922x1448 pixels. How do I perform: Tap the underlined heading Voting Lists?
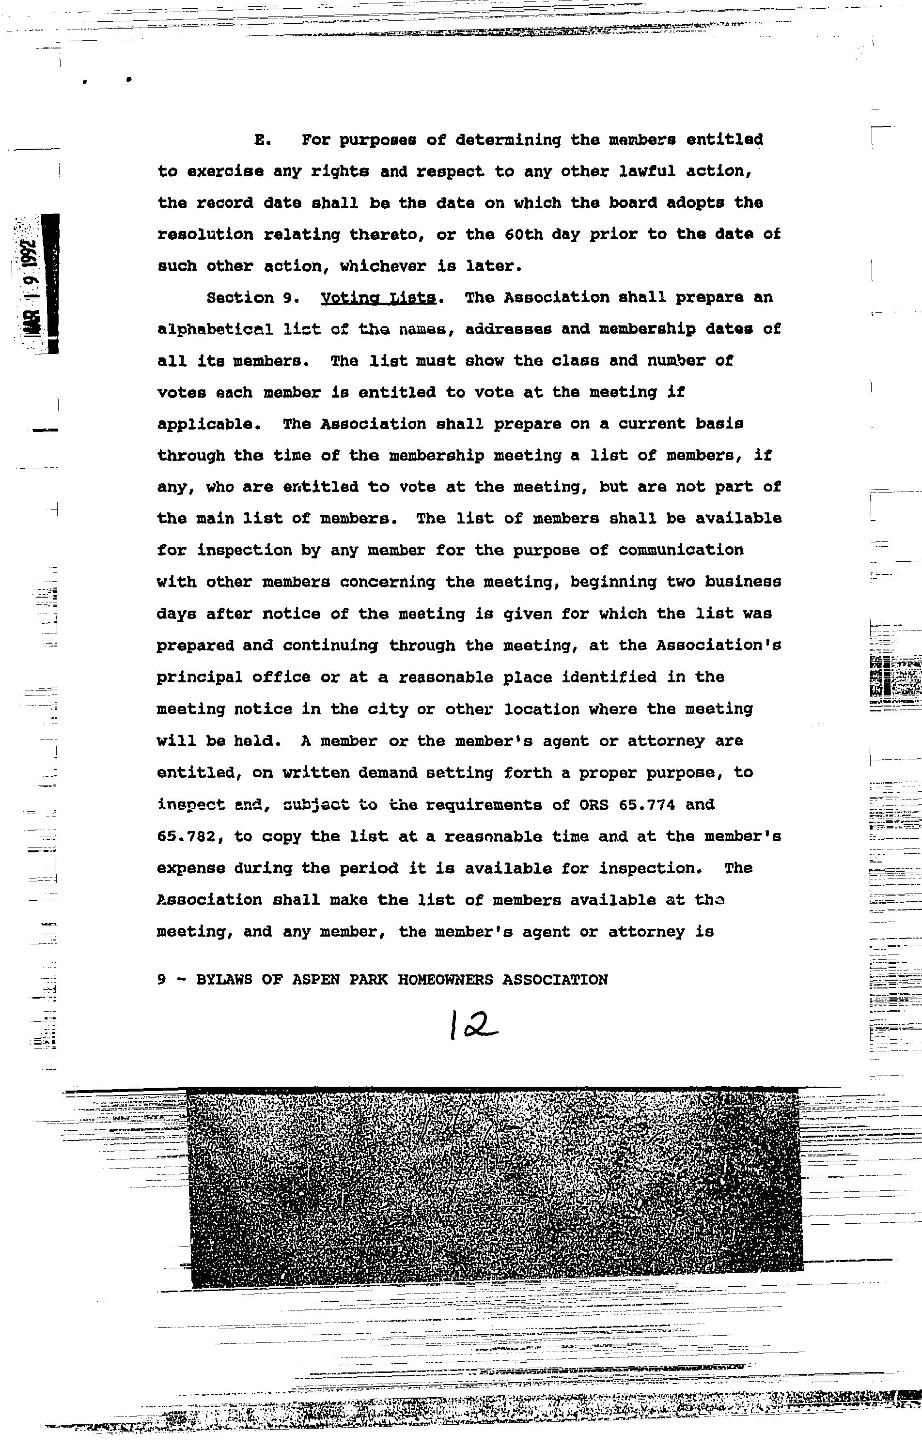pyautogui.click(x=378, y=298)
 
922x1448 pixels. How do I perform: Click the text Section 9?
pyautogui.click(x=249, y=298)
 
